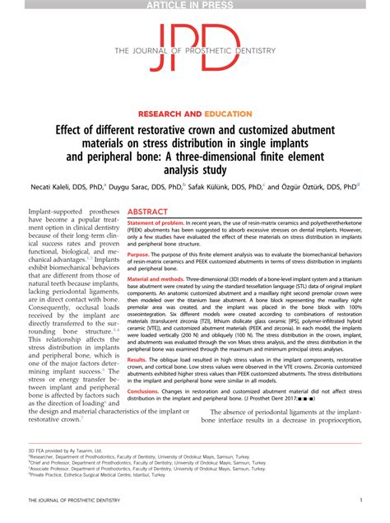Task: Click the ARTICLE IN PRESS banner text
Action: (x=195, y=5)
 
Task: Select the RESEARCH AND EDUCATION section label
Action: (x=195, y=113)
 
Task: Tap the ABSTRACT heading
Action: (x=148, y=212)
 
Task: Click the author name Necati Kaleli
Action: (x=63, y=186)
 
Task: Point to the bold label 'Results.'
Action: (x=138, y=359)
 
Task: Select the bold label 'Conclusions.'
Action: (x=144, y=390)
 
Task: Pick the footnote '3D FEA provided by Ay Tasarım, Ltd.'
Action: (x=66, y=451)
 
